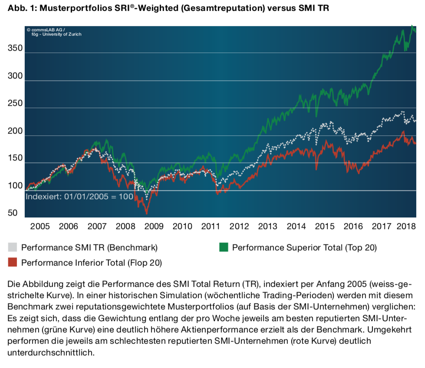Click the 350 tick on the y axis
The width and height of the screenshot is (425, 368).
pyautogui.click(x=15, y=49)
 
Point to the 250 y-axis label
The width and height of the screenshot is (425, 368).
pyautogui.click(x=15, y=104)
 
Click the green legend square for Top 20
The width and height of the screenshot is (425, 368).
pyautogui.click(x=224, y=248)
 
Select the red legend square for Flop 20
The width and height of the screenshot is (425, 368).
pyautogui.click(x=13, y=262)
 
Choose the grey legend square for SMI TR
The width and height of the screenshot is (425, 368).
pyautogui.click(x=13, y=248)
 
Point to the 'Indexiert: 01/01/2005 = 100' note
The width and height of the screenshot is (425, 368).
pyautogui.click(x=79, y=197)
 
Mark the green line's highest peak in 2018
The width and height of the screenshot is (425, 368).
pyautogui.click(x=412, y=26)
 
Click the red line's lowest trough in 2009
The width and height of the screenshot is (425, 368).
pyautogui.click(x=146, y=214)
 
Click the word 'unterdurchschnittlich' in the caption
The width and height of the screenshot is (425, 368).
pyautogui.click(x=50, y=352)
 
